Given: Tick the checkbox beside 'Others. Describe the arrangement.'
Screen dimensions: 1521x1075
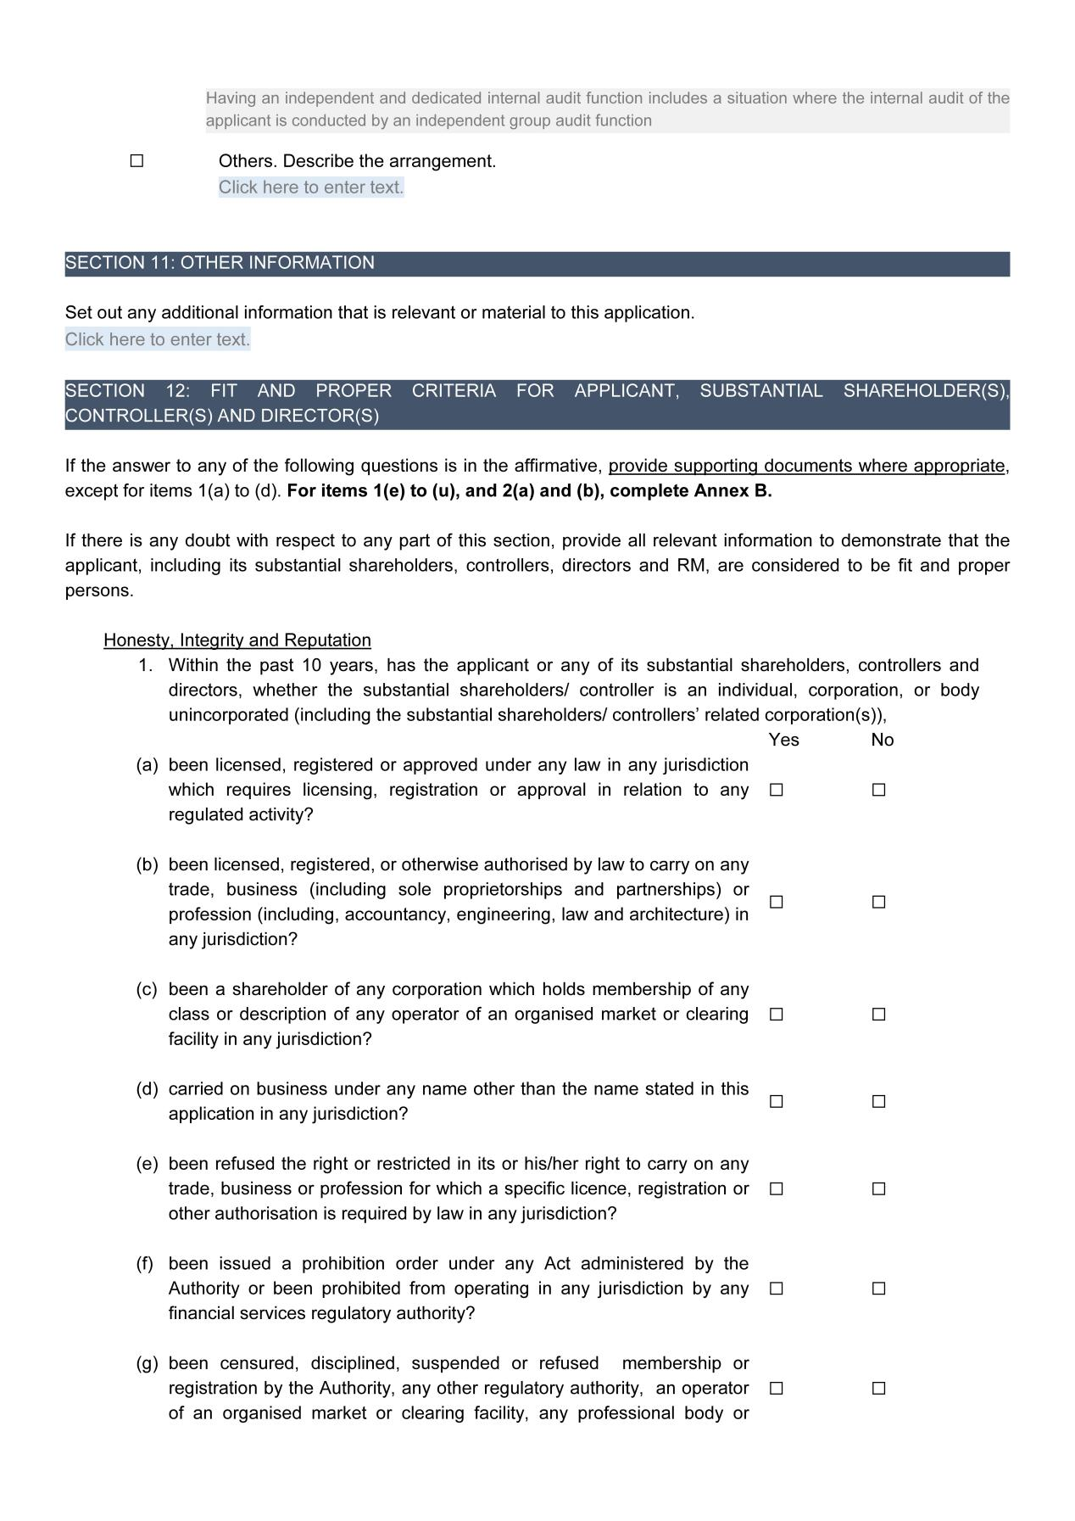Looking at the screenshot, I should pyautogui.click(x=136, y=161).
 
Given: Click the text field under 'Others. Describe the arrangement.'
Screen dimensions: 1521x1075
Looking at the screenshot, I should pyautogui.click(x=311, y=187).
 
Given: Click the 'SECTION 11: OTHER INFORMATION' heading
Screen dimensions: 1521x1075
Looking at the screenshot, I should pyautogui.click(x=220, y=263).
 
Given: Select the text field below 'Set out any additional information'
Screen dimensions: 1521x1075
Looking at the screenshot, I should pyautogui.click(x=158, y=340).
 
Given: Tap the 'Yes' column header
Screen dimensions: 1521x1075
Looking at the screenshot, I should pyautogui.click(x=783, y=740).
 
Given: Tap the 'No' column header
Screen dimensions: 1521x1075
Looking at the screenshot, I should pyautogui.click(x=882, y=740).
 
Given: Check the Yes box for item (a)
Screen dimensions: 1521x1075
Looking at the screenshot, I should pyautogui.click(x=776, y=790).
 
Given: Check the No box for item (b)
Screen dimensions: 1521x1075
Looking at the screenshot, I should pyautogui.click(x=878, y=902).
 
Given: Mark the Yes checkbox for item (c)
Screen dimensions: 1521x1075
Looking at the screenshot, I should pyautogui.click(x=776, y=1015).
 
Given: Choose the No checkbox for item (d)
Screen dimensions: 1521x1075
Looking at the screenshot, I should pyautogui.click(x=878, y=1102).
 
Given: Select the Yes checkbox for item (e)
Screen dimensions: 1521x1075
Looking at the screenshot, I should pyautogui.click(x=776, y=1189).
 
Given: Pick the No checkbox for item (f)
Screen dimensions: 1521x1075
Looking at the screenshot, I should pyautogui.click(x=878, y=1289).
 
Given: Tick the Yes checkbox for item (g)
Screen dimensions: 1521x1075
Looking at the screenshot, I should pyautogui.click(x=776, y=1389).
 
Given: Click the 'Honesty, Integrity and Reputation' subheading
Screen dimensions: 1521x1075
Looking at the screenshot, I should pyautogui.click(x=237, y=640).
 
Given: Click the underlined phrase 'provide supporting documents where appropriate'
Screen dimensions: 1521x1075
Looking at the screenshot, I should pyautogui.click(x=806, y=466).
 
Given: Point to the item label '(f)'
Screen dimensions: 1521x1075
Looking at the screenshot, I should pyautogui.click(x=145, y=1264).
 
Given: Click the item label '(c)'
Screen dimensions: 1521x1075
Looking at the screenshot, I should pyautogui.click(x=147, y=990).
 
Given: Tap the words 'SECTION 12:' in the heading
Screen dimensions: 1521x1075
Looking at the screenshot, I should pyautogui.click(x=127, y=391).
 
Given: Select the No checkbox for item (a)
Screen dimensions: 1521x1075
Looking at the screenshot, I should pyautogui.click(x=878, y=790).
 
